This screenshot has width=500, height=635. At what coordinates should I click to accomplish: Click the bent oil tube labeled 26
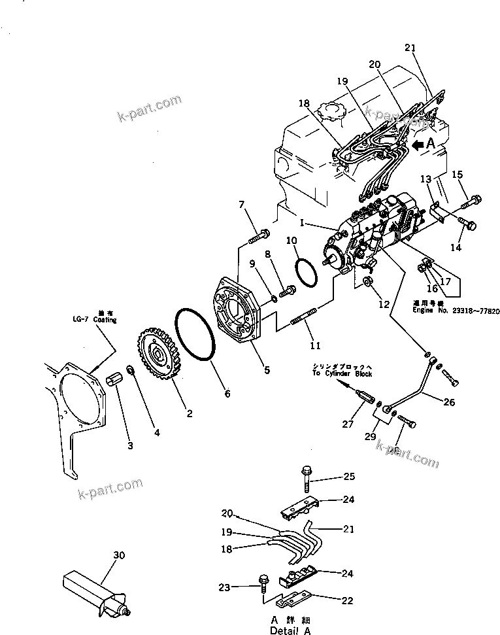tap(408, 388)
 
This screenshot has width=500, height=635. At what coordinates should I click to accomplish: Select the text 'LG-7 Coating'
tap(95, 320)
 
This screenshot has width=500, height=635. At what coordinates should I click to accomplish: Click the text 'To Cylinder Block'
tap(342, 373)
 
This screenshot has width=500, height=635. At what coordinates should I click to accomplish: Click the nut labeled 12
tap(367, 281)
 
